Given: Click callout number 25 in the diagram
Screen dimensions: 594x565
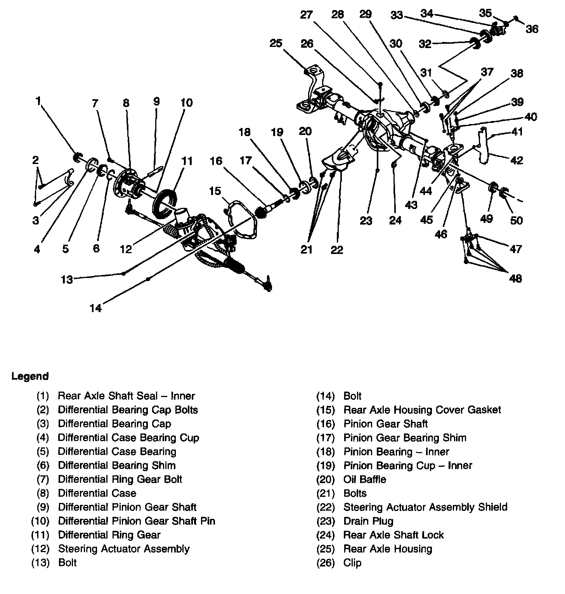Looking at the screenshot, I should point(276,43).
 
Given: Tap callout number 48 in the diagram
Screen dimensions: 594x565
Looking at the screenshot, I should point(515,278).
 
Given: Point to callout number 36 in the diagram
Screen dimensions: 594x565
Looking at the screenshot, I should point(532,29).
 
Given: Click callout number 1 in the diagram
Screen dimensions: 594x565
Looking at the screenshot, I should point(38,101).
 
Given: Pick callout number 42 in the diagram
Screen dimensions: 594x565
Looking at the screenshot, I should point(516,160).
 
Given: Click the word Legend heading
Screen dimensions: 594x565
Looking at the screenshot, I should point(30,376).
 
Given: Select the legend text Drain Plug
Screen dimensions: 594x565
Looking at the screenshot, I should point(368,521).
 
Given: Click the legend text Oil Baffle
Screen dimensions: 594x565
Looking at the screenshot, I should point(365,479).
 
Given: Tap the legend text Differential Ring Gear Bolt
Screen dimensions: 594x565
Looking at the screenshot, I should point(120,479).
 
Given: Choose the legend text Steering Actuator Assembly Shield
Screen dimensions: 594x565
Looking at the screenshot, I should point(425,507).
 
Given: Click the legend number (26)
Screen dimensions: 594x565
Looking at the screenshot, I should point(326,563).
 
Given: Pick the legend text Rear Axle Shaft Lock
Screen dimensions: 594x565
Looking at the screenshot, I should point(393,535).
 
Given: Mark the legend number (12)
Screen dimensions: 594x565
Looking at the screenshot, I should point(40,549).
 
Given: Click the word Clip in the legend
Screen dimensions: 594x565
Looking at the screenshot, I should point(352,563).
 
